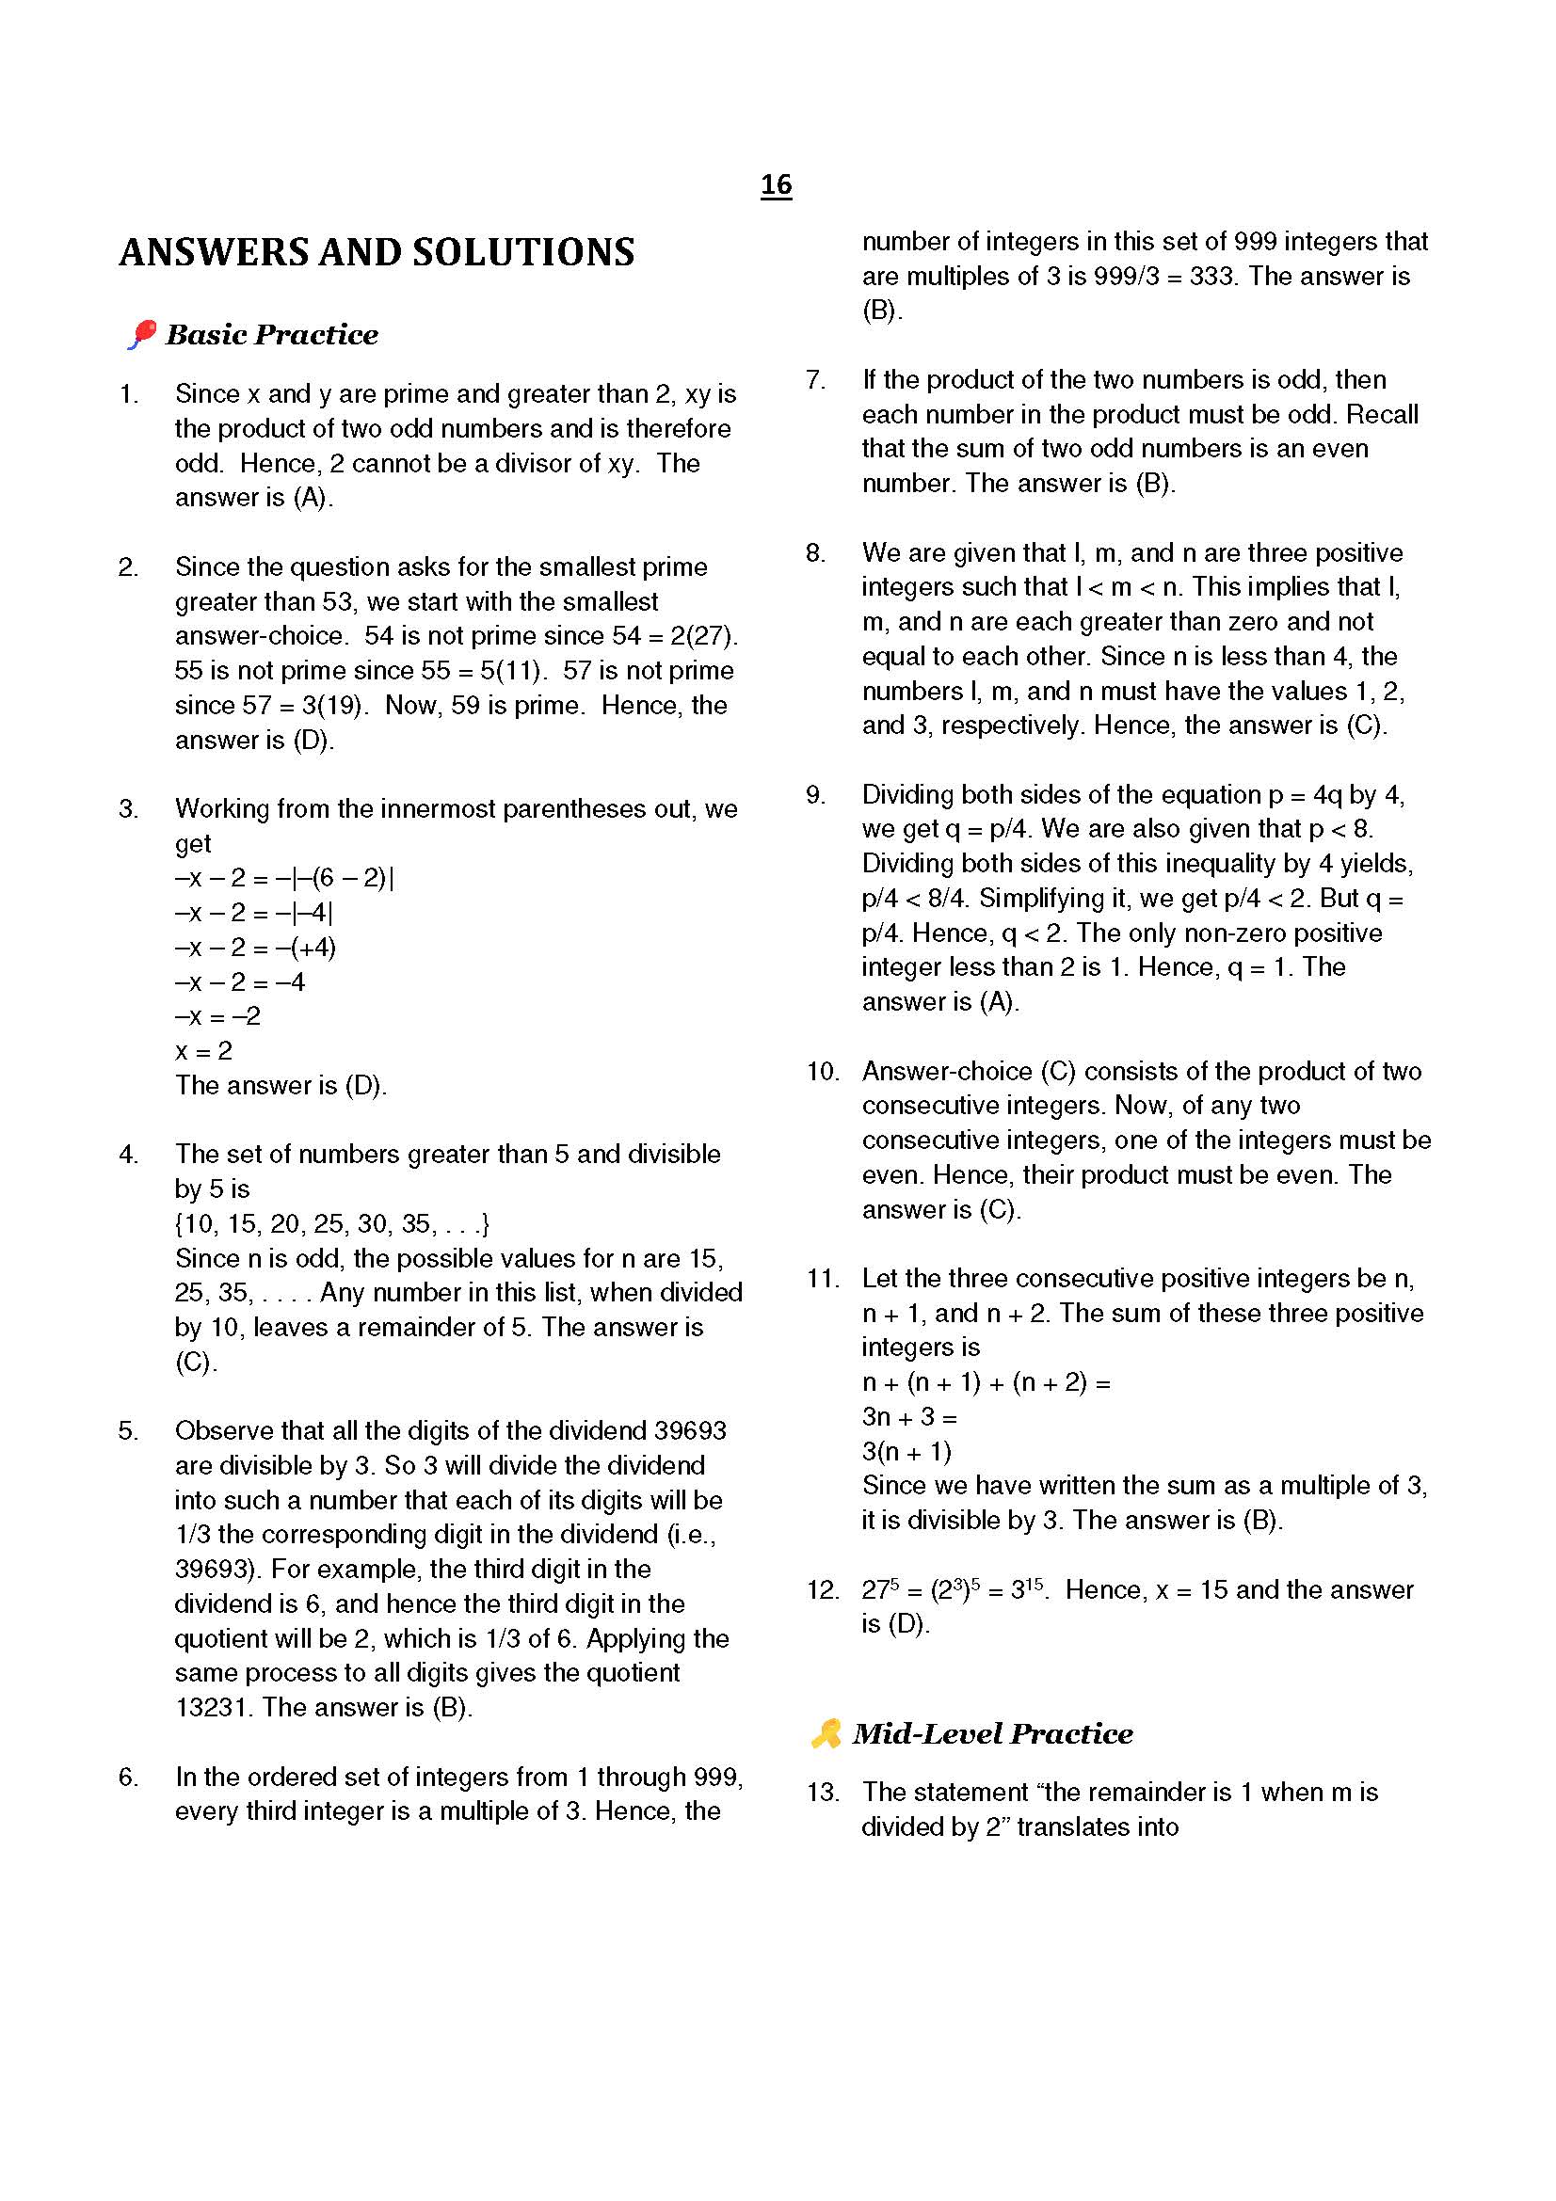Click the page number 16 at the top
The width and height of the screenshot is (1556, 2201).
click(776, 184)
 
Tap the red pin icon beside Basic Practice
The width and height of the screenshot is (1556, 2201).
click(141, 335)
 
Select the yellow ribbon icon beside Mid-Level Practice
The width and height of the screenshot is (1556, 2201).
click(826, 1733)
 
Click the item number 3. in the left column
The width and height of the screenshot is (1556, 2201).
click(128, 809)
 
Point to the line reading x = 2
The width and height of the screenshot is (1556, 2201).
click(203, 1051)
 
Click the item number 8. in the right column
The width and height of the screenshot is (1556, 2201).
click(815, 553)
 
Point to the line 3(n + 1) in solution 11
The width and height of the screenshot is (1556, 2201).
click(906, 1451)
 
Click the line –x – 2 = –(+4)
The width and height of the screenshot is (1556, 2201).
click(255, 949)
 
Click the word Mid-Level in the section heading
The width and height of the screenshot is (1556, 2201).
click(926, 1734)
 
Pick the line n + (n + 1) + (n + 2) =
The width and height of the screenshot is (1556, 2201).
click(986, 1382)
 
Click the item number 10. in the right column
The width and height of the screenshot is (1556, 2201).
click(822, 1072)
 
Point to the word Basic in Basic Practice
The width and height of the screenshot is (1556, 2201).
click(204, 335)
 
